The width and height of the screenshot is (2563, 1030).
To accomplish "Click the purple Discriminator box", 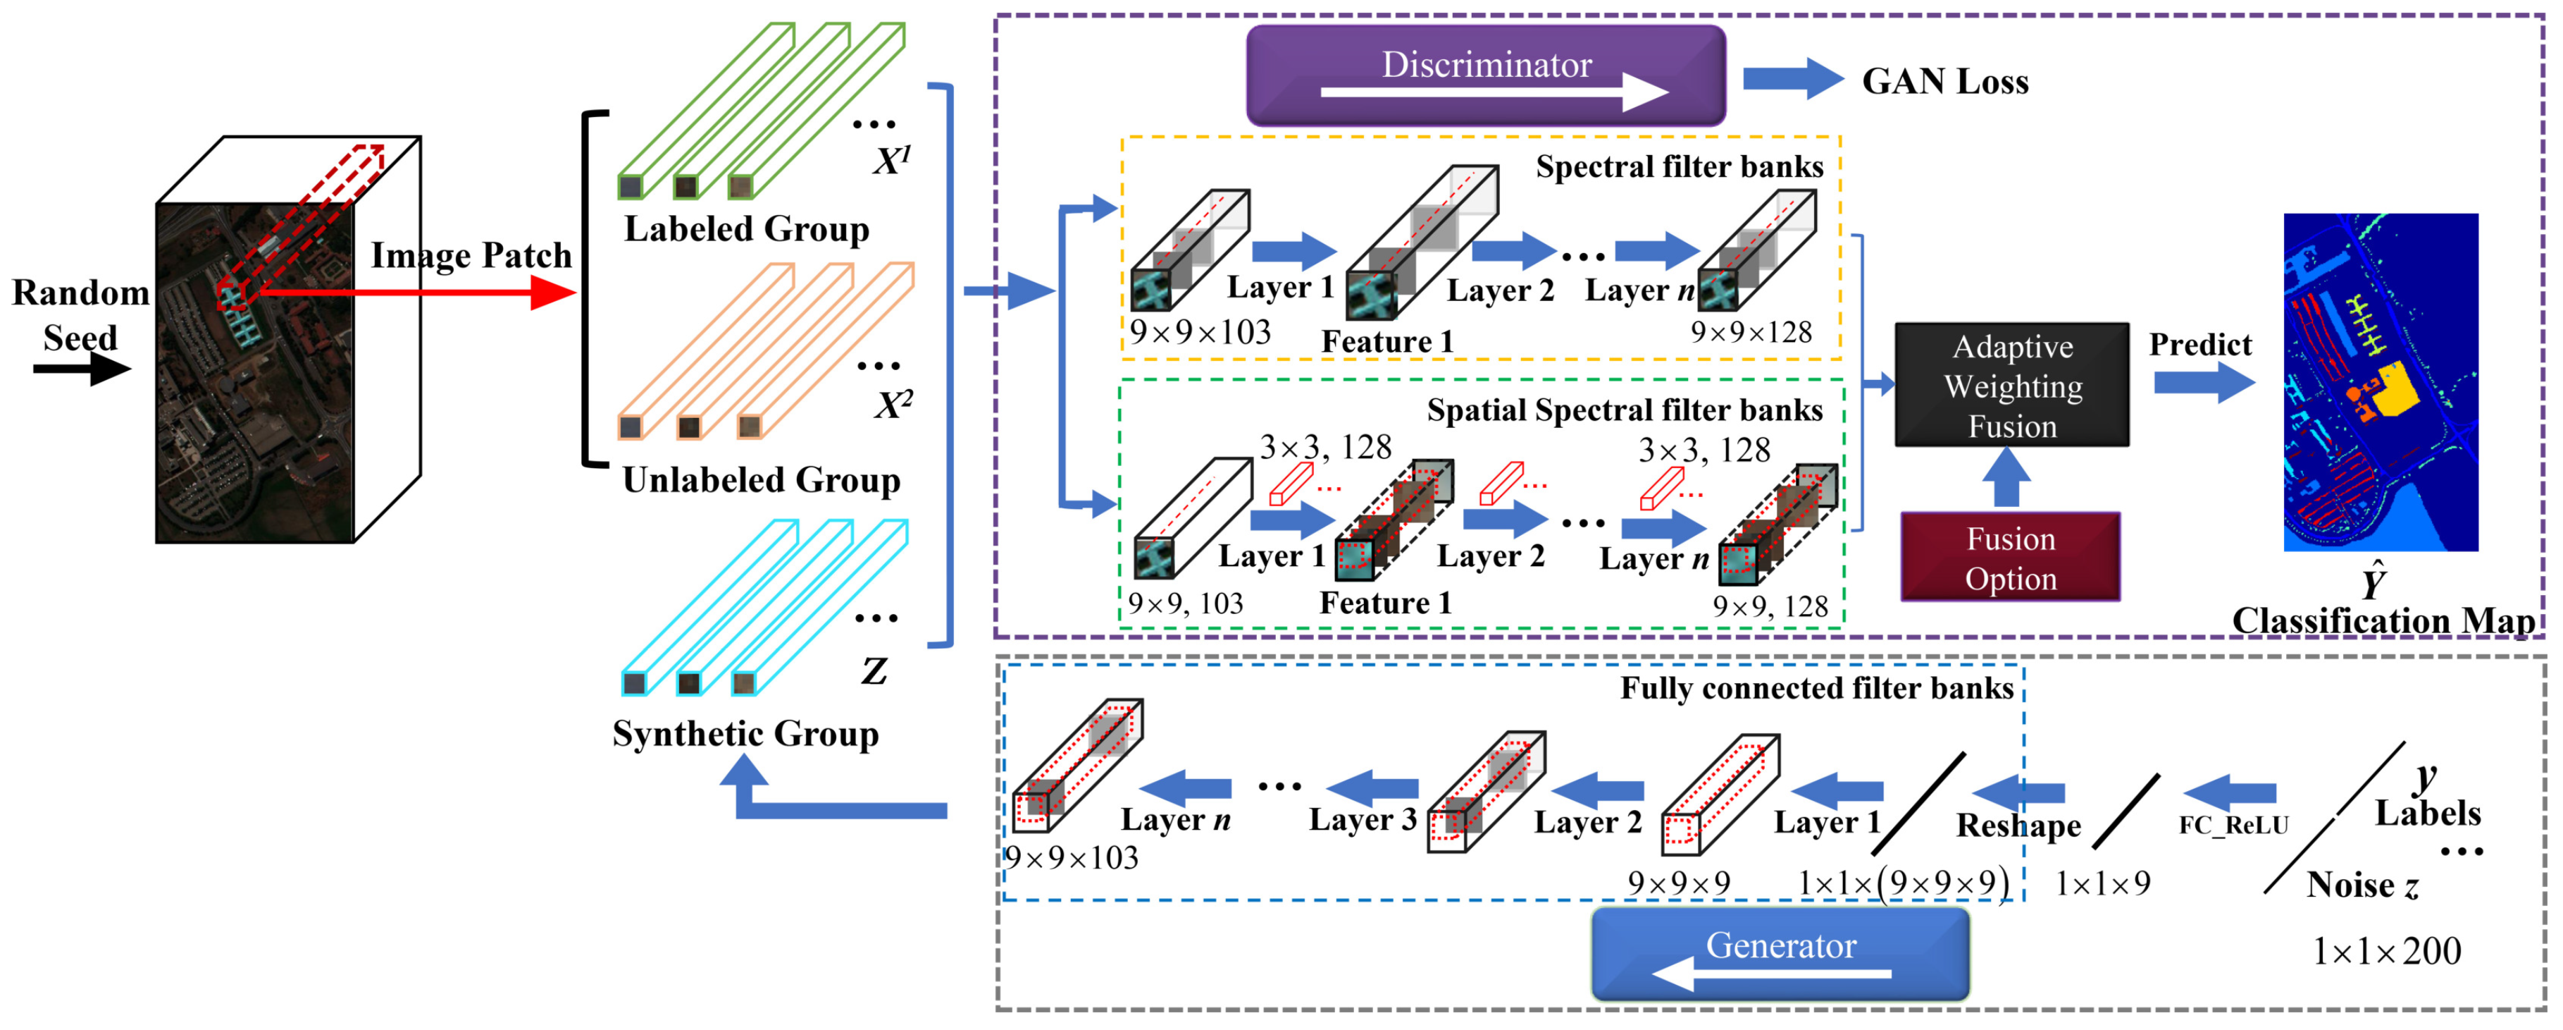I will (x=1486, y=75).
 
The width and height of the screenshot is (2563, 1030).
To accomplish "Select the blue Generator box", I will (x=1780, y=952).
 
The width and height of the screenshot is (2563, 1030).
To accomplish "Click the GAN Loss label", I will (x=1945, y=82).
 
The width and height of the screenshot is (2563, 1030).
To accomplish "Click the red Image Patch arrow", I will (x=418, y=293).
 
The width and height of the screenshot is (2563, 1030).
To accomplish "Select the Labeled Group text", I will (x=746, y=229).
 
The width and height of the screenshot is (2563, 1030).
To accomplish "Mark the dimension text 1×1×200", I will (x=2386, y=951).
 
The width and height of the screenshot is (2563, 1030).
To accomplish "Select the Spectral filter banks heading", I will (x=1680, y=166).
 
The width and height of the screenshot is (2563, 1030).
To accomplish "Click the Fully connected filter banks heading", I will (x=1817, y=687).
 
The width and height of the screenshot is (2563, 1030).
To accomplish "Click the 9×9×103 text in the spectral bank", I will (x=1200, y=331).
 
